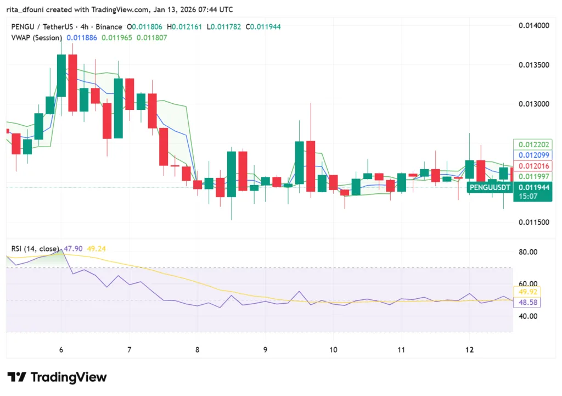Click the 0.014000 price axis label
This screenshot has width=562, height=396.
click(533, 26)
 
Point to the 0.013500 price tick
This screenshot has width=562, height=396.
click(533, 65)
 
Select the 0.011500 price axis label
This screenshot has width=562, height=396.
click(533, 222)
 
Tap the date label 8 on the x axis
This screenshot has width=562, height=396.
click(197, 350)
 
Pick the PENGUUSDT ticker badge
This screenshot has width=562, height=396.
click(490, 187)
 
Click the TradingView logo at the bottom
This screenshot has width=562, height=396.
click(57, 377)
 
